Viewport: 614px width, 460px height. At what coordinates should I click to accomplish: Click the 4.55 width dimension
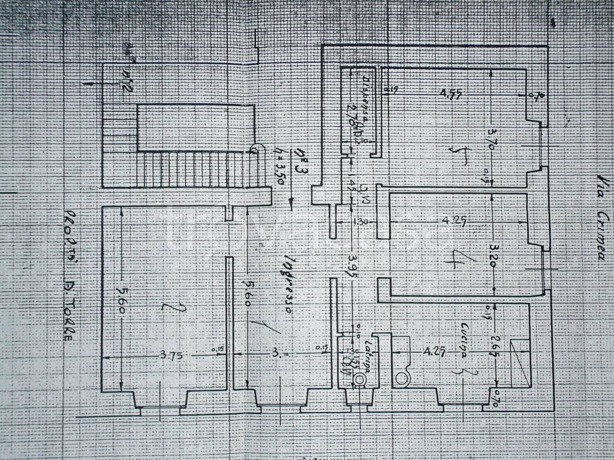tap(450, 94)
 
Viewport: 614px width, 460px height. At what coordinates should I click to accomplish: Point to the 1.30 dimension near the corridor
tap(361, 222)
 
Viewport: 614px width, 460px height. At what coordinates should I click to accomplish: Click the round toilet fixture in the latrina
tap(359, 379)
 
